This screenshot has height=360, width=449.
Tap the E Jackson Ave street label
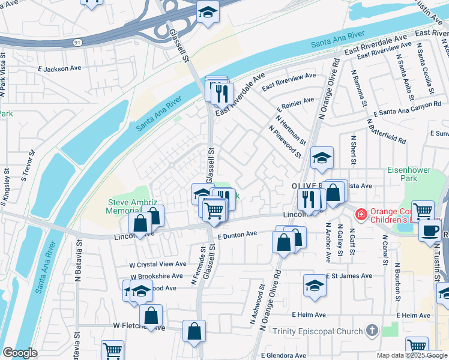point(59,69)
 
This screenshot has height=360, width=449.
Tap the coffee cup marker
point(430,230)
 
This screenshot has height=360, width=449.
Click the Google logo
point(20,353)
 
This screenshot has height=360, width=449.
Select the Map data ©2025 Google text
point(412,355)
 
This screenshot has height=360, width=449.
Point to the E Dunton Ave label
point(238,236)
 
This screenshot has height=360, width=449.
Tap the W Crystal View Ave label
point(158,264)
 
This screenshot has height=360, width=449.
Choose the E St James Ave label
point(348,276)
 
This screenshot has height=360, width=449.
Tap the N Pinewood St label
point(285,142)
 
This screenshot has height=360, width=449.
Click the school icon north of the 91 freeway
point(208,12)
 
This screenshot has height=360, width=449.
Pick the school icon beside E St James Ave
point(315,284)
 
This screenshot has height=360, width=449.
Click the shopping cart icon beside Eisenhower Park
point(423,210)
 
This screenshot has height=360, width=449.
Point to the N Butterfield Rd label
point(385,131)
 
